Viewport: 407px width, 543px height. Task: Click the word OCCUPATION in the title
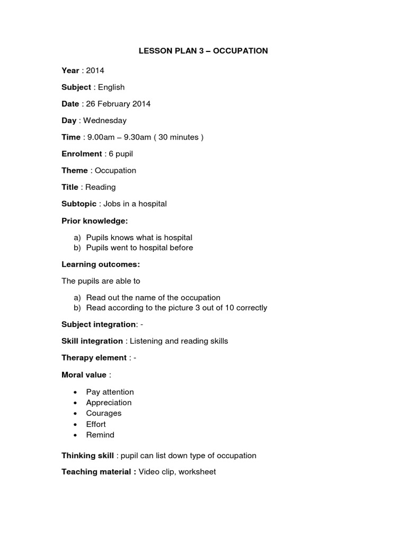pos(241,51)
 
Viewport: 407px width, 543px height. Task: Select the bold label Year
pos(70,71)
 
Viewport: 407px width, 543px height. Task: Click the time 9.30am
pos(139,137)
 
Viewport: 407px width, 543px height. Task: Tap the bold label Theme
pos(75,171)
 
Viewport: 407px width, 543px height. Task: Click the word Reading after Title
pos(100,187)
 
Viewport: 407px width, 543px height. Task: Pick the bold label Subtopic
pos(79,204)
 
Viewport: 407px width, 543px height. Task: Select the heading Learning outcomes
pos(101,264)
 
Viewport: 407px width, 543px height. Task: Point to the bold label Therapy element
pos(94,358)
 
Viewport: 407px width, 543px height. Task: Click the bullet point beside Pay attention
pos(75,392)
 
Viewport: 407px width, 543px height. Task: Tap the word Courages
pos(104,413)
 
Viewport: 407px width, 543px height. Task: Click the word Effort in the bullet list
pos(96,424)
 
